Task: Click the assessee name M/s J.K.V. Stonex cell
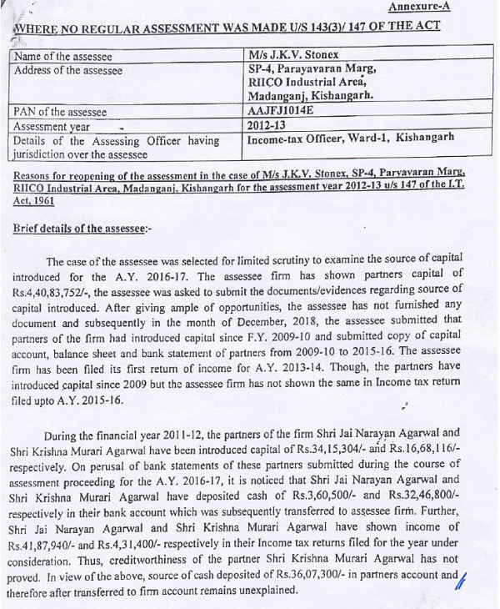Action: tap(294, 55)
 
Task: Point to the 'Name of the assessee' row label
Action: tap(62, 56)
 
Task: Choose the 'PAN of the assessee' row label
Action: tap(60, 111)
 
